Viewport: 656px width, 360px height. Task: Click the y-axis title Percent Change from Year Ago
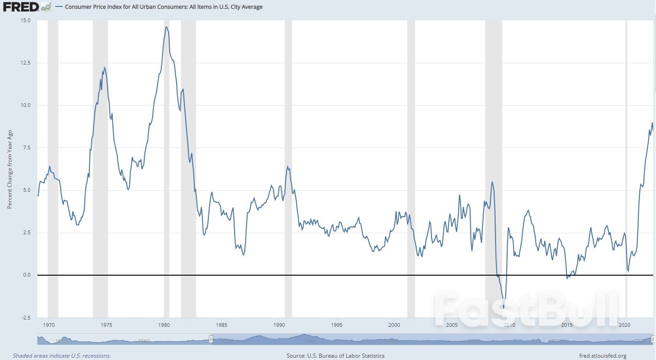tap(9, 169)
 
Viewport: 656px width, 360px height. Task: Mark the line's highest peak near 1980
tap(166, 27)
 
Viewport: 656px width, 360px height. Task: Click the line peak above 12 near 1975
tap(105, 68)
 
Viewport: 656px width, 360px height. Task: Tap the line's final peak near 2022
tap(652, 123)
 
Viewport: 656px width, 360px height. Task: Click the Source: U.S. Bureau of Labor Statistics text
tap(335, 355)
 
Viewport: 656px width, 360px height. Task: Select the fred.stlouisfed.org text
tap(602, 355)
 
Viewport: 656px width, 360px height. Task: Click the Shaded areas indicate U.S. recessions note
tap(62, 355)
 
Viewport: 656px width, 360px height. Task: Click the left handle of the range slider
tap(211, 340)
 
